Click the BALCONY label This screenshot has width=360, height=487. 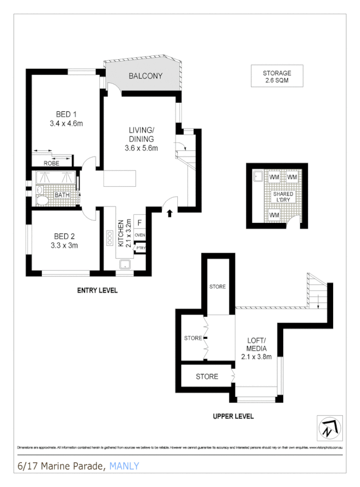(145, 76)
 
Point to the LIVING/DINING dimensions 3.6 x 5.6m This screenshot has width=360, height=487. (142, 148)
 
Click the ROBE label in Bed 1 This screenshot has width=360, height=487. (52, 163)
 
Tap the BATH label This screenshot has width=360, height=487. (61, 195)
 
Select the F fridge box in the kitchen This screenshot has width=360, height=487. (140, 222)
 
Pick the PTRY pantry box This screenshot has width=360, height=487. (140, 248)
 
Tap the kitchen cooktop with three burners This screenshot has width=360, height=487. (109, 238)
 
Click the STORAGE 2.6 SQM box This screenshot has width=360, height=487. (276, 76)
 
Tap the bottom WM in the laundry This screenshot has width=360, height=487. (274, 215)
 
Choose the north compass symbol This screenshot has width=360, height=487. (330, 427)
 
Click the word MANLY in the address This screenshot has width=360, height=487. (125, 467)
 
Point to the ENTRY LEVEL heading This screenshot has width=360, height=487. (97, 290)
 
